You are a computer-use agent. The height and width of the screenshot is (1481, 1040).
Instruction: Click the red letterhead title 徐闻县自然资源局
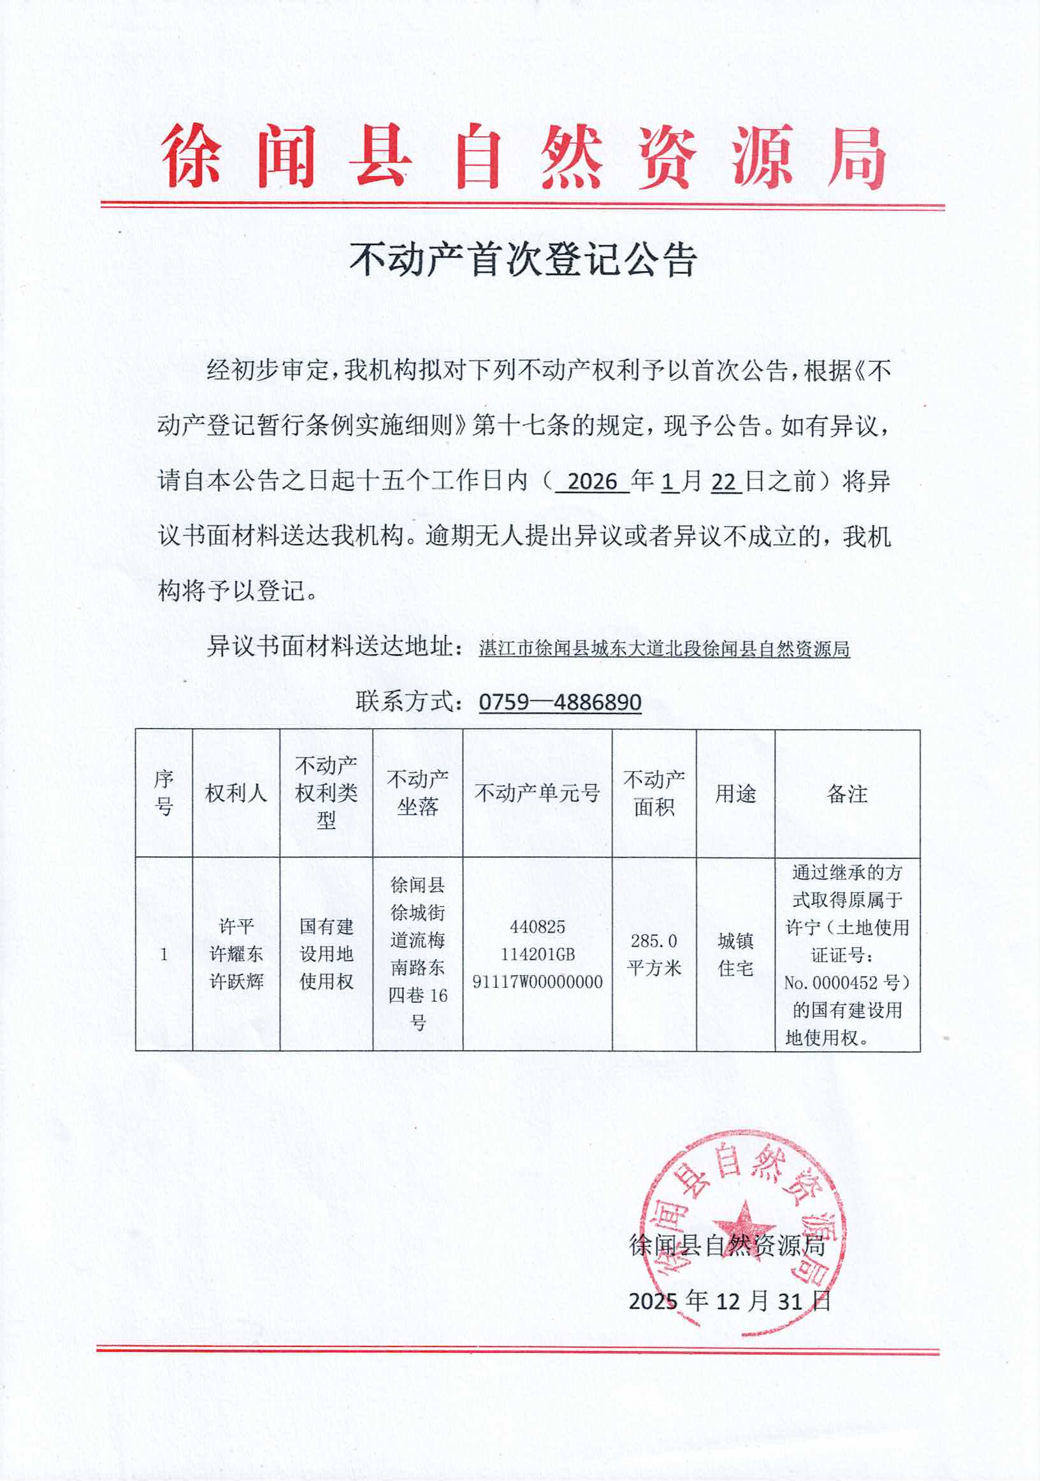click(523, 157)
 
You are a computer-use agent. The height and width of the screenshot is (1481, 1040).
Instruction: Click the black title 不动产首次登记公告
click(523, 260)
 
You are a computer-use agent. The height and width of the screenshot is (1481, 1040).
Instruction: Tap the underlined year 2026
click(593, 482)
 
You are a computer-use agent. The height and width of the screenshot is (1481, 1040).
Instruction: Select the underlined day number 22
click(724, 482)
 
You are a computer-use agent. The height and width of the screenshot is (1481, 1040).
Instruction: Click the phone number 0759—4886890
click(560, 702)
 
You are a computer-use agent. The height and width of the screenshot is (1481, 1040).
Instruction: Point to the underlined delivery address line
click(664, 648)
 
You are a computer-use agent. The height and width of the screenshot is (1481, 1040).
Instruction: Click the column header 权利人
click(236, 794)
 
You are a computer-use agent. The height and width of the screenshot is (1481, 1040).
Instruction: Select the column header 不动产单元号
click(537, 794)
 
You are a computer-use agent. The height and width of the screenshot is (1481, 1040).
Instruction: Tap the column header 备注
click(847, 794)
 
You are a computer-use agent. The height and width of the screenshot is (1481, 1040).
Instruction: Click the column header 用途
click(735, 794)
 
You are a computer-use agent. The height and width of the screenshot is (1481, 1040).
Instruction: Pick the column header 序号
click(164, 794)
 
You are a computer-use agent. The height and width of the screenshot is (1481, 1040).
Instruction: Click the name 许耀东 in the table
click(236, 954)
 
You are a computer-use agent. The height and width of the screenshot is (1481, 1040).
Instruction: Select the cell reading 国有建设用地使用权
click(326, 954)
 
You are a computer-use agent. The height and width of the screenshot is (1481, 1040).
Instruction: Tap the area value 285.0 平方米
click(654, 954)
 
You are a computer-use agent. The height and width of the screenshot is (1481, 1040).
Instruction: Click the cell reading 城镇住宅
click(735, 954)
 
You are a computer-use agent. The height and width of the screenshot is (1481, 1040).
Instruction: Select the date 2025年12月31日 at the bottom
click(730, 1301)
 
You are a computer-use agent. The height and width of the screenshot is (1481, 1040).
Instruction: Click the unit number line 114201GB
click(537, 954)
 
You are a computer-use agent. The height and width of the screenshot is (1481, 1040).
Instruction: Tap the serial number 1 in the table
click(164, 954)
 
